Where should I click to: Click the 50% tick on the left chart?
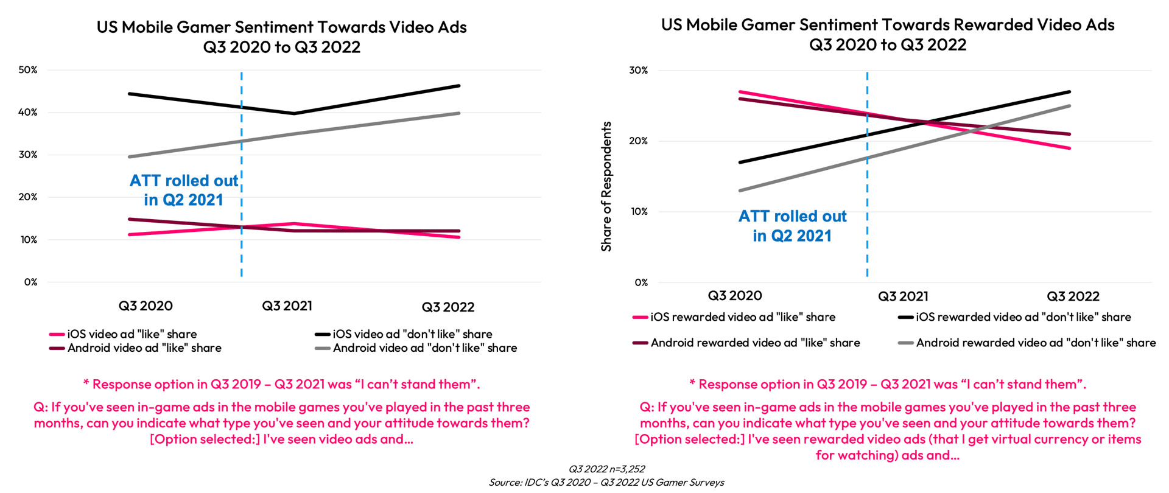[28, 70]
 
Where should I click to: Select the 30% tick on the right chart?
[638, 71]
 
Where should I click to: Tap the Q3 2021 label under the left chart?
[287, 306]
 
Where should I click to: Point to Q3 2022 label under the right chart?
[1073, 296]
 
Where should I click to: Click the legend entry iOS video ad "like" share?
[132, 334]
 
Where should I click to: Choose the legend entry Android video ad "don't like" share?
[424, 348]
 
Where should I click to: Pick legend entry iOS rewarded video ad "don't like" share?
[1023, 317]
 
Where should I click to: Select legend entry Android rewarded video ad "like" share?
[755, 343]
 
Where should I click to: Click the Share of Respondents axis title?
[606, 186]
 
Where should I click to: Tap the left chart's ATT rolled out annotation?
[184, 190]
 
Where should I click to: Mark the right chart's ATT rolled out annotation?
[792, 226]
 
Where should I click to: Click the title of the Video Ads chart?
[281, 37]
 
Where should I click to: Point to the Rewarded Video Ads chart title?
[888, 34]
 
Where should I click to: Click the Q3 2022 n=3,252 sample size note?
[606, 469]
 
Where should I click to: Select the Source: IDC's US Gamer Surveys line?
[606, 483]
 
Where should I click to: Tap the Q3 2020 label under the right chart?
[734, 296]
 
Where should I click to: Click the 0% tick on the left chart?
[30, 282]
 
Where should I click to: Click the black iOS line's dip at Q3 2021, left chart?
[294, 113]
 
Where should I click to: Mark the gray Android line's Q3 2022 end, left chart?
[459, 113]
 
